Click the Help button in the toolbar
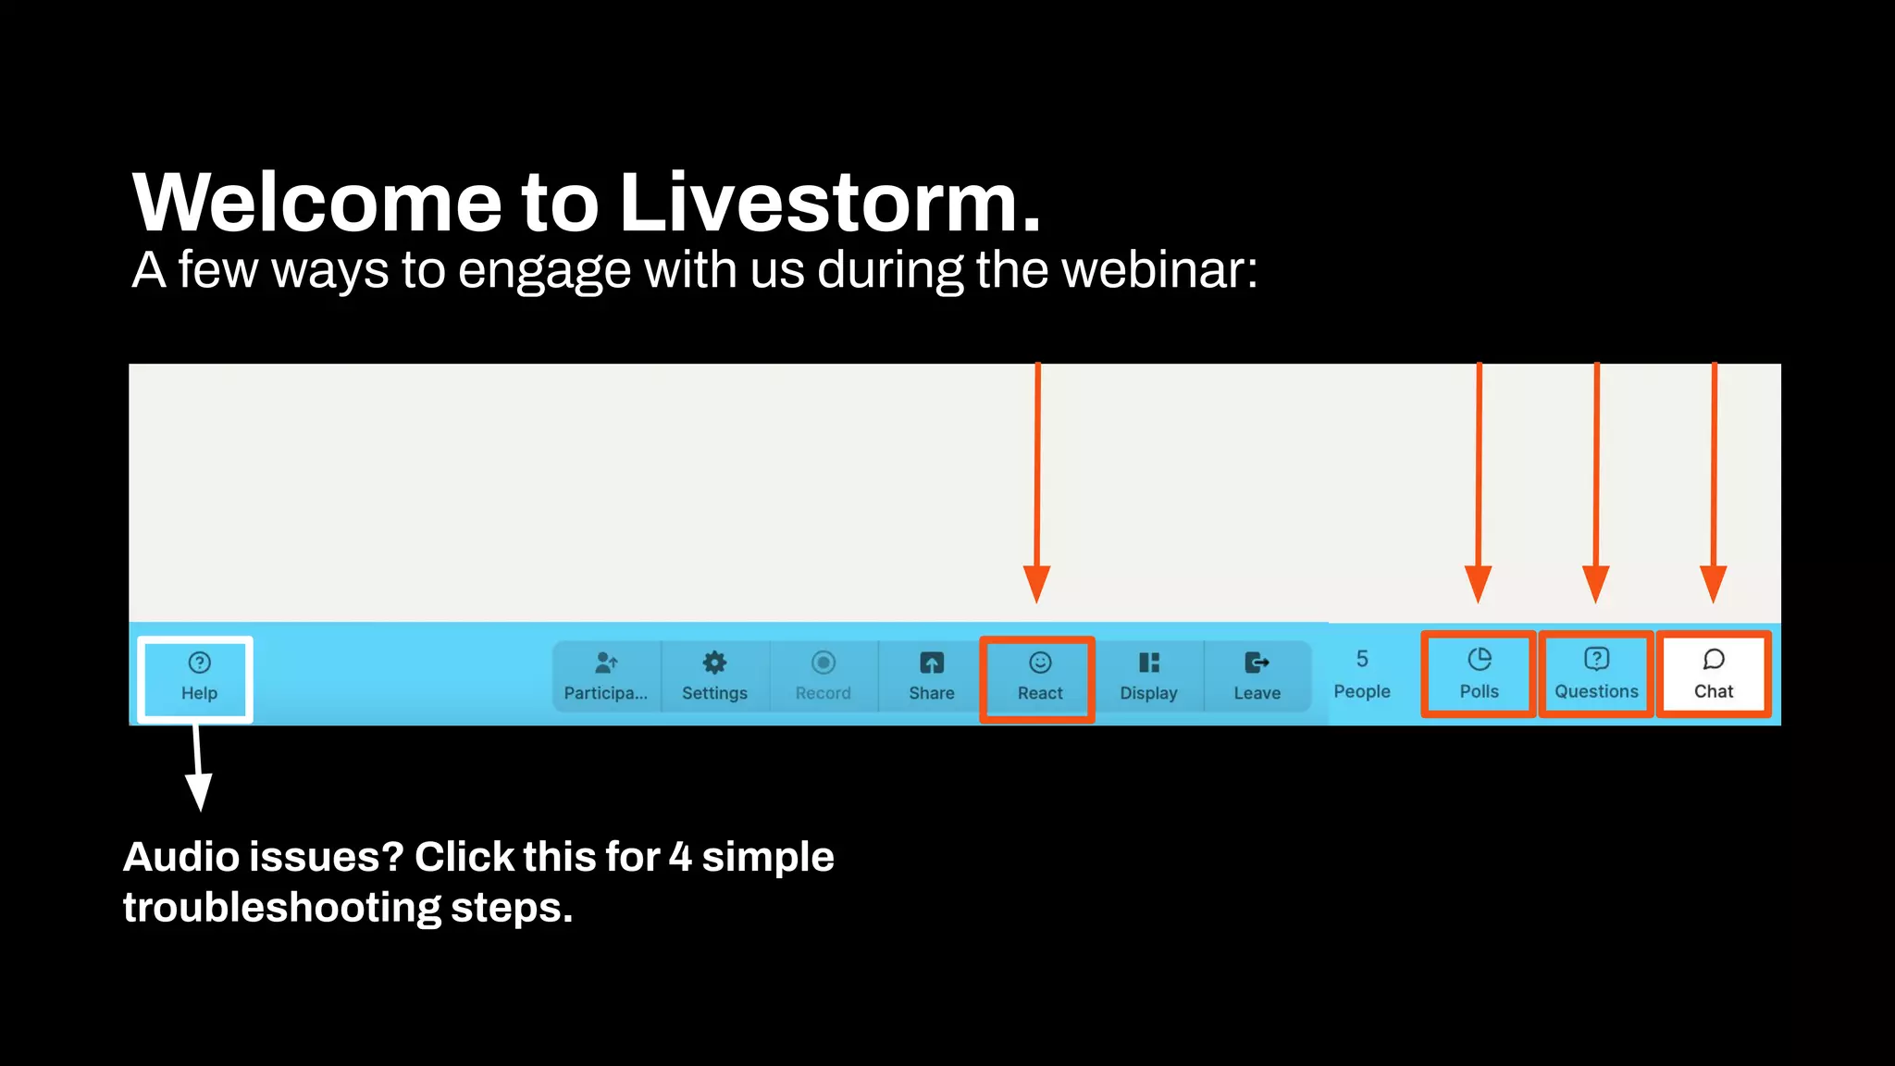click(199, 677)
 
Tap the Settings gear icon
click(714, 663)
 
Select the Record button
click(823, 676)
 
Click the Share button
click(931, 676)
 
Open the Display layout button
click(1148, 676)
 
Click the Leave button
click(1257, 676)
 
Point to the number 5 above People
click(1362, 659)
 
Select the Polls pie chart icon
click(1479, 660)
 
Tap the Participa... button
click(606, 676)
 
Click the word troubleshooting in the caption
click(282, 908)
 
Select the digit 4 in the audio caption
click(680, 857)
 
